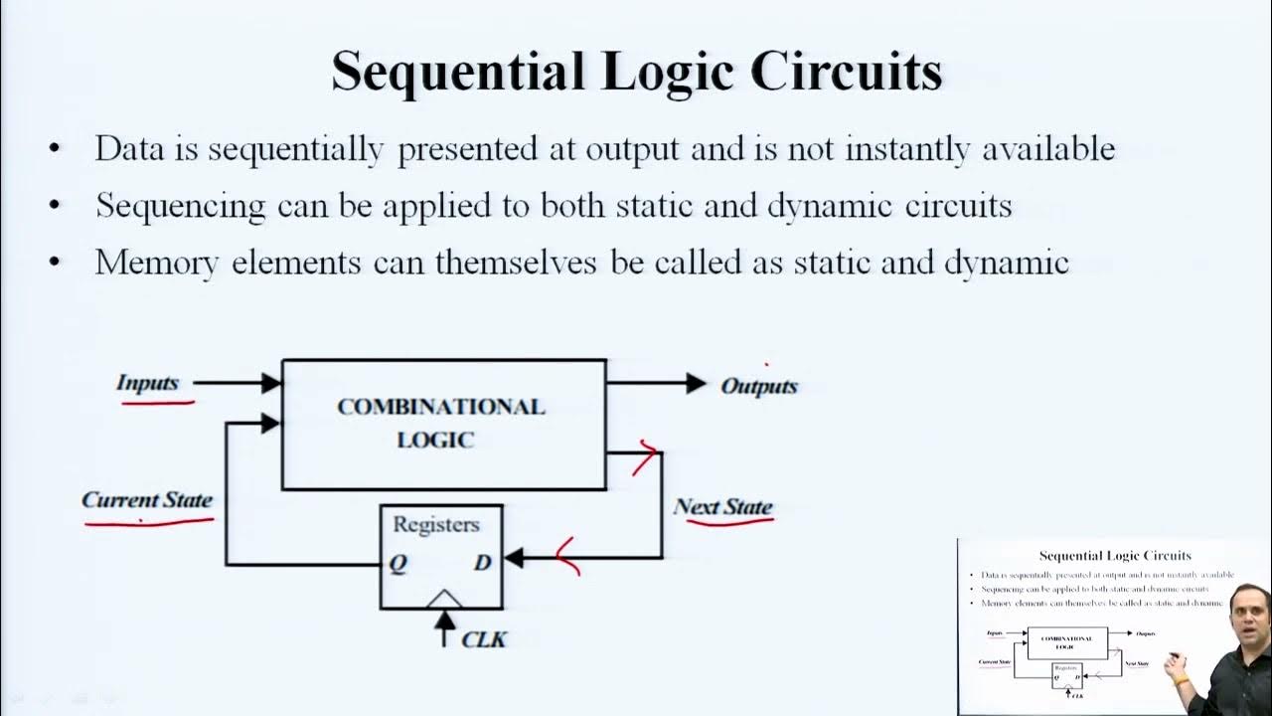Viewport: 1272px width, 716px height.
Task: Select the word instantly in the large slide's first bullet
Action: [904, 149]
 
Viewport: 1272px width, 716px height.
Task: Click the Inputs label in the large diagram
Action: [147, 383]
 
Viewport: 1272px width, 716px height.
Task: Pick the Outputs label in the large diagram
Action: [759, 386]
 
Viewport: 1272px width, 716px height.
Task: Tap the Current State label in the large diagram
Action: [147, 500]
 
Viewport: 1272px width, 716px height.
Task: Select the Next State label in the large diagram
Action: [722, 507]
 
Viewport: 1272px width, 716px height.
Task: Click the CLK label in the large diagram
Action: [485, 638]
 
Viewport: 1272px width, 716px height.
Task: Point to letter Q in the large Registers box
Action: [397, 563]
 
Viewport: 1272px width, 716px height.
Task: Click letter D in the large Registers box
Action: [483, 563]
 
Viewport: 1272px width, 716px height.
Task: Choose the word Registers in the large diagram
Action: [436, 524]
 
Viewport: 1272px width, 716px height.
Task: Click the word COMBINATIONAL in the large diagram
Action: [441, 407]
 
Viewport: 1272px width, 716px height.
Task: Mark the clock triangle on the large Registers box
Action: [444, 599]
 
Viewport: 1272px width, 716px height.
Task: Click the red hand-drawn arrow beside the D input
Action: [567, 557]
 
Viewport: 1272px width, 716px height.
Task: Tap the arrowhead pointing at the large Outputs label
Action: [697, 383]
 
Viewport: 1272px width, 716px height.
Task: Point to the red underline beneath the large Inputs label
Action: [158, 403]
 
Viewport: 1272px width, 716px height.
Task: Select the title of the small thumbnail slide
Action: [1115, 556]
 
